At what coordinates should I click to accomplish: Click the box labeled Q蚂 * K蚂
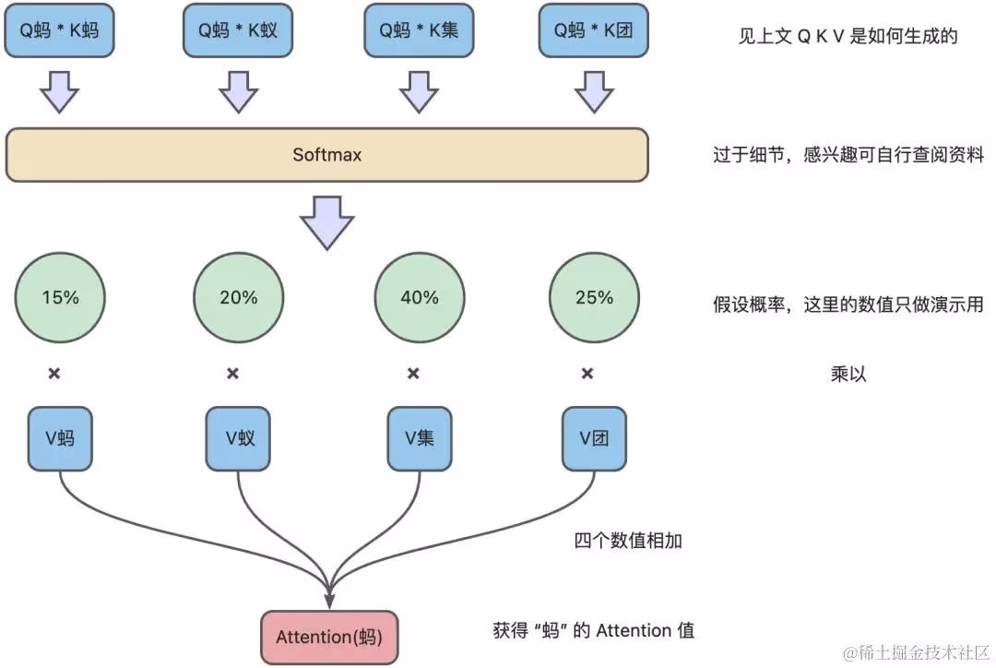click(60, 30)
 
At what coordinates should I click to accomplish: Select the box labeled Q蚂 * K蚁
click(238, 30)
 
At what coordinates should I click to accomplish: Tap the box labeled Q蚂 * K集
click(419, 30)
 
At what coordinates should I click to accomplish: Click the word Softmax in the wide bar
click(326, 155)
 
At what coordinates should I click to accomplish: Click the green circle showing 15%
click(60, 298)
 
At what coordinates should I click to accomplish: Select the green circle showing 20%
click(238, 298)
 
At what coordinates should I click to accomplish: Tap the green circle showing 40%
click(419, 298)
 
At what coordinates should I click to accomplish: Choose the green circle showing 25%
click(594, 298)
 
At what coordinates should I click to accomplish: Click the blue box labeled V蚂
click(60, 438)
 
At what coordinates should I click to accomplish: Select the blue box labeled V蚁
click(238, 438)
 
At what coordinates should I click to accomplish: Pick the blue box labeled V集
click(419, 438)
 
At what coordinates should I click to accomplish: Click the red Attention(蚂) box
click(329, 638)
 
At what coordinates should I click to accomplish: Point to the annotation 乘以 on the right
click(848, 375)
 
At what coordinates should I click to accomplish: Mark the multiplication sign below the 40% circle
click(414, 374)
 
